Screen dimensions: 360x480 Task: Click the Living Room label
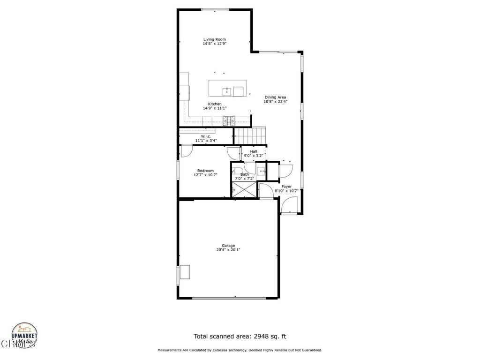coord(214,39)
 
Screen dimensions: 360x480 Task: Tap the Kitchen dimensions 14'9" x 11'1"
coord(214,108)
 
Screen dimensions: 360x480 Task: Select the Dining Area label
coord(275,97)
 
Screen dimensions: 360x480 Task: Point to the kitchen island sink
coord(226,90)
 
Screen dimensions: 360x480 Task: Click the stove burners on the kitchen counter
coord(229,121)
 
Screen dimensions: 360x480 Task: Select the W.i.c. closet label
coord(206,136)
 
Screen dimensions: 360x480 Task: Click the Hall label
coord(253,151)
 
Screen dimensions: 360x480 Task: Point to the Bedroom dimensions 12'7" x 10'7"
coord(205,175)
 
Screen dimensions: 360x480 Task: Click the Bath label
coord(244,174)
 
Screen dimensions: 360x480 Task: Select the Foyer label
coord(286,187)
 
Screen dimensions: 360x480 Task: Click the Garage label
coord(228,246)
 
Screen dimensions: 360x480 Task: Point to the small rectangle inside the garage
coord(185,272)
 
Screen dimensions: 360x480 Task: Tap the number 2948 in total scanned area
coord(263,336)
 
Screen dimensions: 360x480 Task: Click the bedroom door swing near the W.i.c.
coord(186,151)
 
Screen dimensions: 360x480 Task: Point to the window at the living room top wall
coord(215,10)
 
